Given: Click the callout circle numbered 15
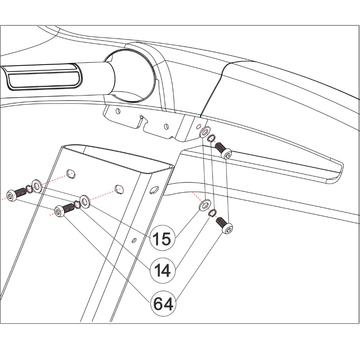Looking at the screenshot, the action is point(163,238).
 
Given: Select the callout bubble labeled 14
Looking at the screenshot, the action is point(163,270).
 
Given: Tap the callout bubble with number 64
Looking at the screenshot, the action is point(163,303).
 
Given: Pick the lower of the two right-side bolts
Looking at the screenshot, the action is point(224,225).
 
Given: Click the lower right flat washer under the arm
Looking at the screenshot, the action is point(204,205).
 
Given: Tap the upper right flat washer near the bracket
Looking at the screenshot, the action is point(204,132).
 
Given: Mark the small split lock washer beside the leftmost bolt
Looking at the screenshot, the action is point(29,189).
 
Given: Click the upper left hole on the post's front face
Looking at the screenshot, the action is point(71,174).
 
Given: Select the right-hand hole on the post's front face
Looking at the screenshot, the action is point(119,189).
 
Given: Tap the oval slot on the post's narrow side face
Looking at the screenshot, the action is point(154,190).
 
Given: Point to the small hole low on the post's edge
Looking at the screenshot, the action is point(134,240).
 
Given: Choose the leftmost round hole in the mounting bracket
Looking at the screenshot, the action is point(118,111).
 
